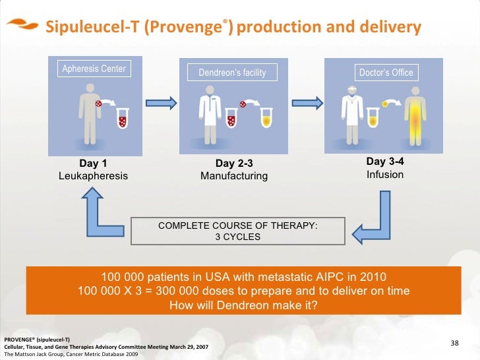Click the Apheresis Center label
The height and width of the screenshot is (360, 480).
click(x=94, y=69)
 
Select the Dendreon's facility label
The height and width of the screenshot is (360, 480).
click(x=232, y=73)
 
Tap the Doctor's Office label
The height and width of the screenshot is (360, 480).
click(x=386, y=73)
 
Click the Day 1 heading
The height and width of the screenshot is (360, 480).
click(x=93, y=164)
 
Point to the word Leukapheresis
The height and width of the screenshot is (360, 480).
click(x=93, y=176)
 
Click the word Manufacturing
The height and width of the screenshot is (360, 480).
click(x=234, y=176)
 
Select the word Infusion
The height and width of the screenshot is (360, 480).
click(x=385, y=175)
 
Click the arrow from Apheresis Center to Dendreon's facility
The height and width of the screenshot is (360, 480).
click(x=160, y=103)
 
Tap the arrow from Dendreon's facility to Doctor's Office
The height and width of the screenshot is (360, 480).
click(x=309, y=103)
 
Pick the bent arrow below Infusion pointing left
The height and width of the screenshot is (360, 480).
click(x=372, y=218)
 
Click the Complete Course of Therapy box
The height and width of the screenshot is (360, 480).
click(x=237, y=231)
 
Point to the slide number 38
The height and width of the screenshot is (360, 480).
click(x=454, y=343)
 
